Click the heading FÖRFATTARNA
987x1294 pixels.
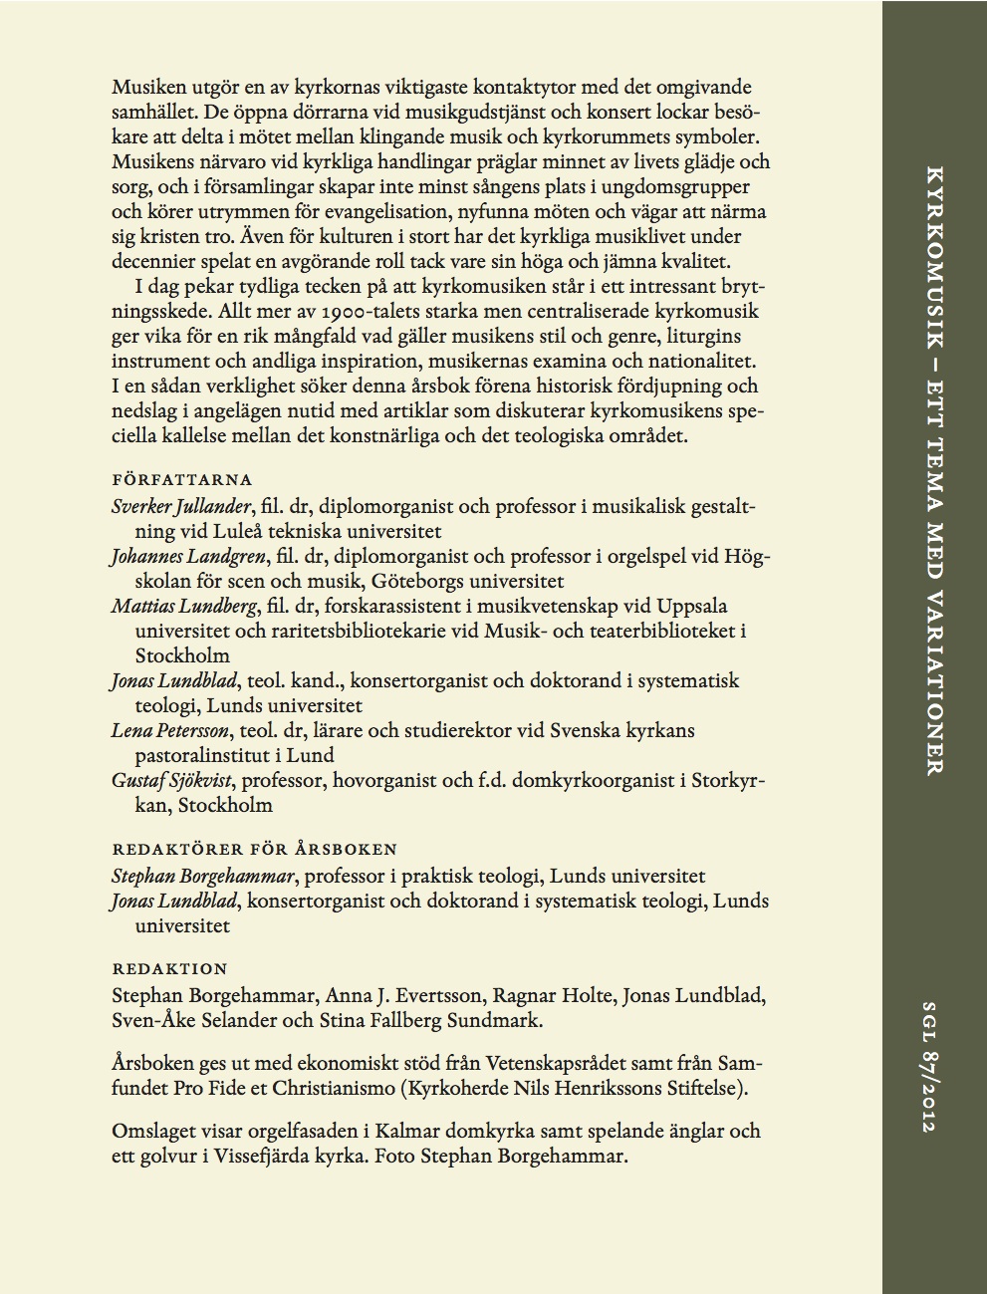[x=182, y=480]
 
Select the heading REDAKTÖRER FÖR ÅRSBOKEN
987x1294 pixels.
[x=254, y=850]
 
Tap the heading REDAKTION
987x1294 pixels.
[x=169, y=968]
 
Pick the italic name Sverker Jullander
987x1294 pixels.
[x=181, y=507]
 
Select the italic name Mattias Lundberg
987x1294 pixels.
[x=184, y=606]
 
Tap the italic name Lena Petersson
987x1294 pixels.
[x=171, y=730]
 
